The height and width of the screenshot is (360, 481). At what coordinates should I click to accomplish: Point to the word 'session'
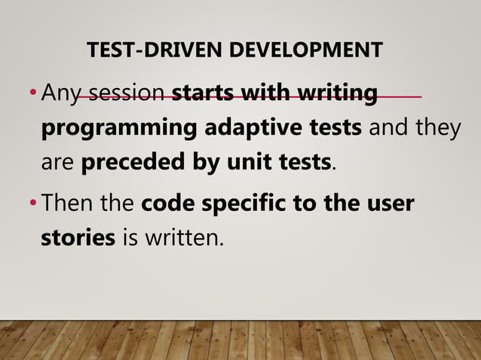pyautogui.click(x=127, y=94)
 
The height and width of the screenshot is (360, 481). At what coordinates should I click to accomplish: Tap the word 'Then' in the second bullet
pyautogui.click(x=66, y=203)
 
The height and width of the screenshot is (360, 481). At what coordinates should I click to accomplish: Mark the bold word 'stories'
pyautogui.click(x=78, y=238)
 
